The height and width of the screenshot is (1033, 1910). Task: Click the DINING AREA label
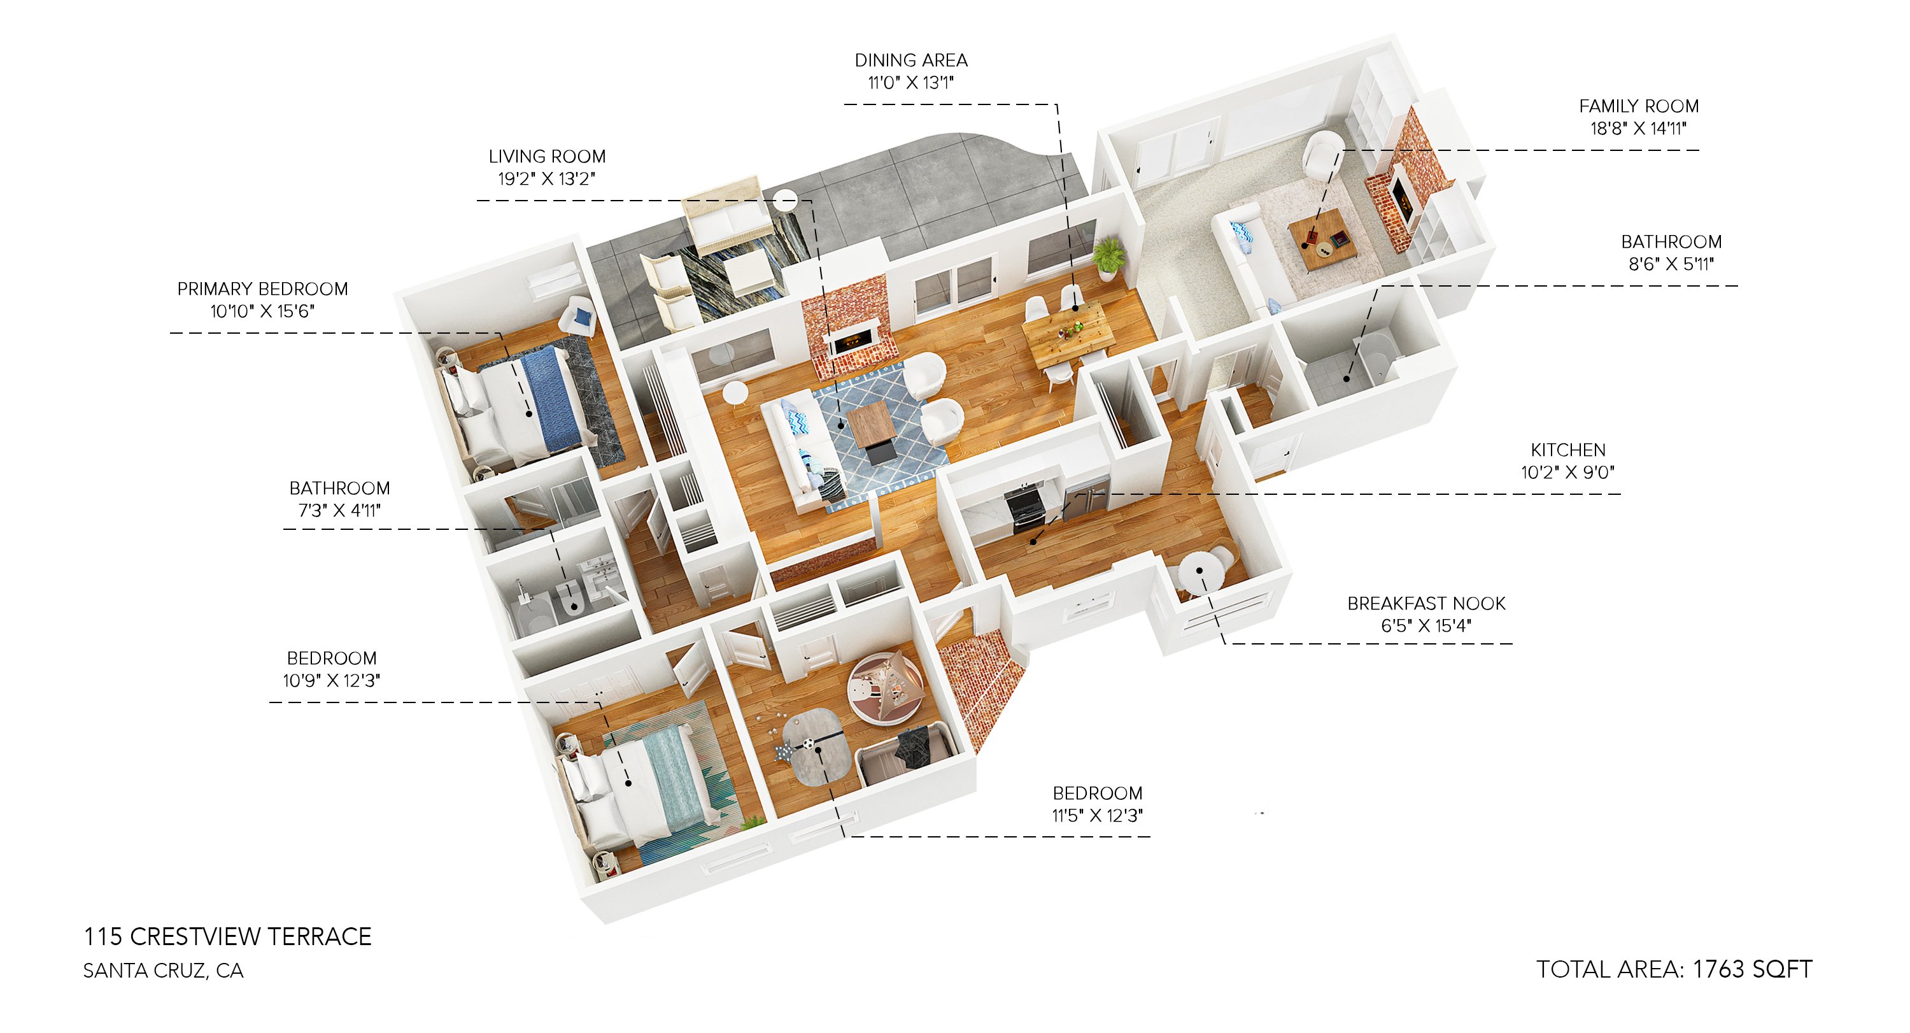click(x=910, y=60)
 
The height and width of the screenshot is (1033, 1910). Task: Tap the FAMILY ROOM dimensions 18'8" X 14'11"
click(x=1638, y=128)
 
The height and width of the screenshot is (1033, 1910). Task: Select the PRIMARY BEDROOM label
click(x=262, y=289)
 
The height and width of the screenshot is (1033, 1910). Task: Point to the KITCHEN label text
click(x=1567, y=450)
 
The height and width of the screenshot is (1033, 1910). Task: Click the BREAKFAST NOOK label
click(x=1426, y=603)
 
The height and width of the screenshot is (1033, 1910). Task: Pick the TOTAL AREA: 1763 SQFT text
click(x=1673, y=969)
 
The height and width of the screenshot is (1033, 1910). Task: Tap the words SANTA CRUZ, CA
click(x=163, y=970)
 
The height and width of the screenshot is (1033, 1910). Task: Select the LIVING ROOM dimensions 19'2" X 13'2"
click(x=546, y=179)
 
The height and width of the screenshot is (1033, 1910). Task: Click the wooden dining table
click(x=1067, y=335)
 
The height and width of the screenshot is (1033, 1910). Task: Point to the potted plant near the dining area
click(x=1108, y=256)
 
